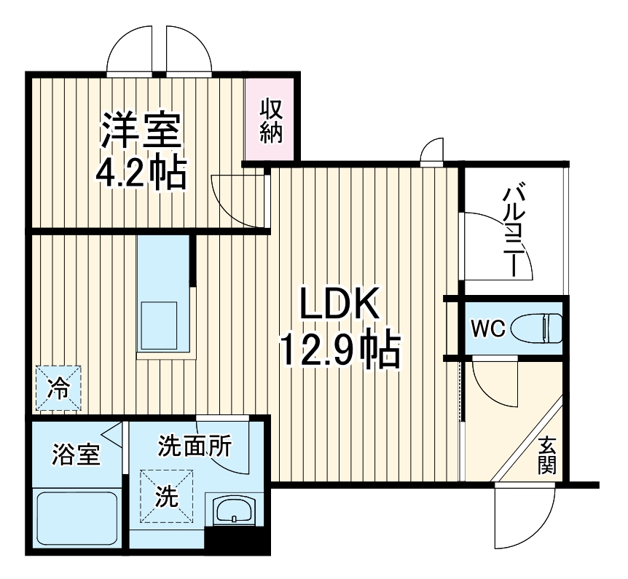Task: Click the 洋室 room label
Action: tap(141, 132)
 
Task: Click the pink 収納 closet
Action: tap(270, 119)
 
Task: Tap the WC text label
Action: tap(487, 328)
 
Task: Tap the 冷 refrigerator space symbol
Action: tap(58, 388)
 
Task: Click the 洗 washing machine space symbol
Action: tap(167, 496)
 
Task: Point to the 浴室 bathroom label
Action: tap(76, 456)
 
